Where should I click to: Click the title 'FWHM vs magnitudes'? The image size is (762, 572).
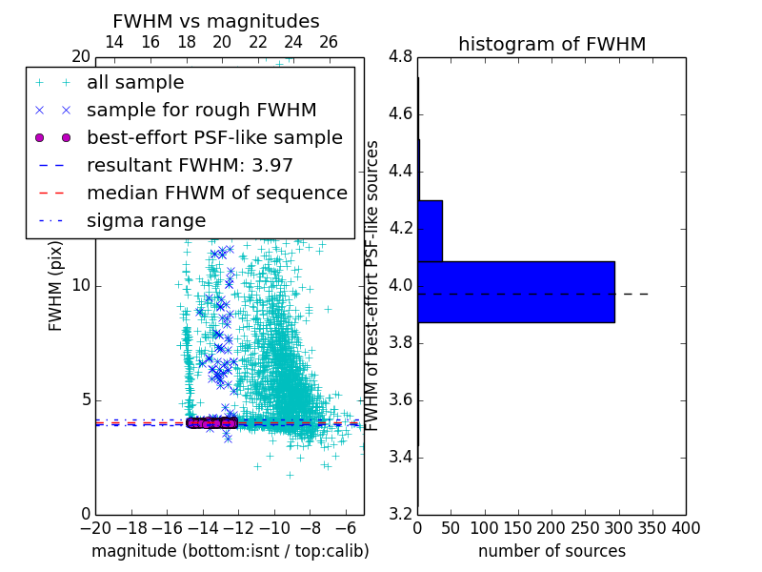pos(216,21)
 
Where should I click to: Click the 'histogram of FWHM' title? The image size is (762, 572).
pos(551,44)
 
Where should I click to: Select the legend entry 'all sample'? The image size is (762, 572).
pos(135,83)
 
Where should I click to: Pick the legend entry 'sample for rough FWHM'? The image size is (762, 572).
pos(201,110)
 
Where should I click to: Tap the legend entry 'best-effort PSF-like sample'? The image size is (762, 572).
pos(214,137)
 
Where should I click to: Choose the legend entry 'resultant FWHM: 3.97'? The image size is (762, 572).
pos(190,165)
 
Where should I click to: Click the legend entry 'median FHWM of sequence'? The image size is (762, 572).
pos(216,193)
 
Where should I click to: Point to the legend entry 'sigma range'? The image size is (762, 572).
pos(146,220)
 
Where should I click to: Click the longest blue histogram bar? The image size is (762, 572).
pos(515,292)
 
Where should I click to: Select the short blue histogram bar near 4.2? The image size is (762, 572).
pos(430,231)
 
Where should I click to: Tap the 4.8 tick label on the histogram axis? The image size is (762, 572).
pos(401,56)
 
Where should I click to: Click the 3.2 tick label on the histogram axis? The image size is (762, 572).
pos(401,514)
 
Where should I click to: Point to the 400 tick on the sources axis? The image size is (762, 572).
pos(686,528)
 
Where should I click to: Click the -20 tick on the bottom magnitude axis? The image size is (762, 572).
pos(95,528)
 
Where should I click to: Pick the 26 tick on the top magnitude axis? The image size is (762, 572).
pos(329,42)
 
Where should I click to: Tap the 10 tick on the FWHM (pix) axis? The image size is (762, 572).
pos(81,285)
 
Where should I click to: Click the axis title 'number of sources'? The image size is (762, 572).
pos(551,551)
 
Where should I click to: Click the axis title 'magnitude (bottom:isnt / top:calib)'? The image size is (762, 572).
pos(230,551)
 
